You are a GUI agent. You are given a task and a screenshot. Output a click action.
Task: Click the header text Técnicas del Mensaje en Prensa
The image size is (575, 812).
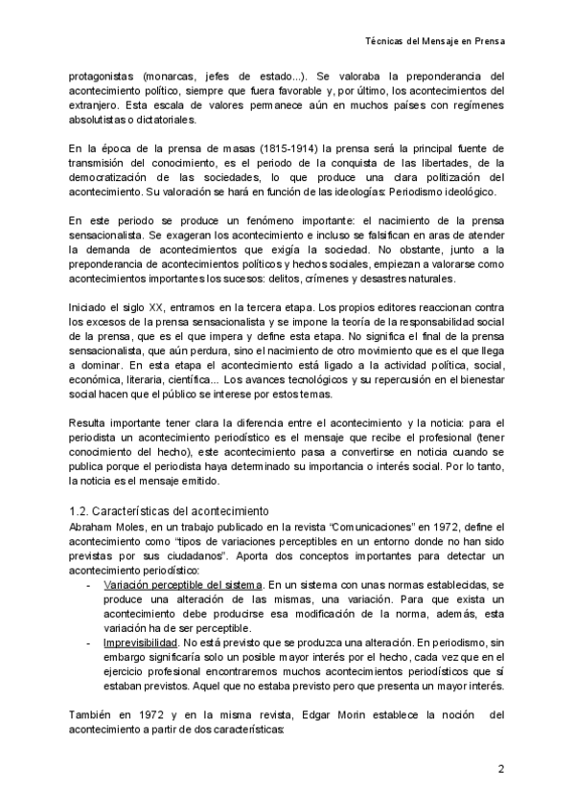[x=436, y=42]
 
